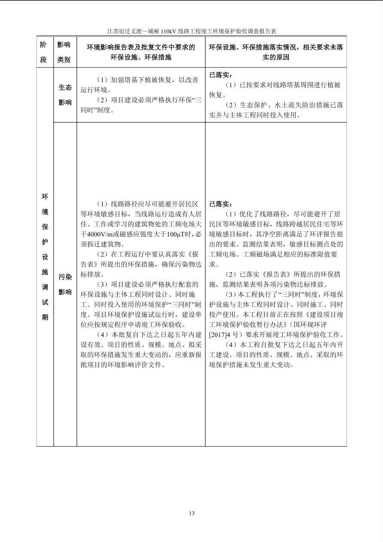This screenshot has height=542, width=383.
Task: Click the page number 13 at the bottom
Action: pyautogui.click(x=191, y=513)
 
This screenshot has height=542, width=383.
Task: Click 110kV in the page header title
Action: pyautogui.click(x=164, y=31)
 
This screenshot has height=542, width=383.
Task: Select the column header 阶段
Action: pyautogui.click(x=43, y=52)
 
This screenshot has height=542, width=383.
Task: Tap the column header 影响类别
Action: pyautogui.click(x=64, y=52)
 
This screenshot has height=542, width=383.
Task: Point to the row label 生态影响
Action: pyautogui.click(x=65, y=95)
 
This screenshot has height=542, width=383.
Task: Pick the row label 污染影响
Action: pyautogui.click(x=65, y=284)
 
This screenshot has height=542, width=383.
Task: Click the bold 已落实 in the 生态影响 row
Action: pyautogui.click(x=220, y=75)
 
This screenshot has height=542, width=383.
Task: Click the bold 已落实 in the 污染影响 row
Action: pyautogui.click(x=220, y=204)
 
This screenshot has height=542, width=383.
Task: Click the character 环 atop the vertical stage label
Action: pyautogui.click(x=45, y=197)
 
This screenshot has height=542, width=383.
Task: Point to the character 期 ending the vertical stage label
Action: pyautogui.click(x=45, y=317)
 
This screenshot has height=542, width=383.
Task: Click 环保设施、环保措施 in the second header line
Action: pyautogui.click(x=141, y=57)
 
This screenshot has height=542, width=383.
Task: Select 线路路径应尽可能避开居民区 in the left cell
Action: pyautogui.click(x=149, y=204)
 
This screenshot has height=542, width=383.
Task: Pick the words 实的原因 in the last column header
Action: pyautogui.click(x=276, y=57)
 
